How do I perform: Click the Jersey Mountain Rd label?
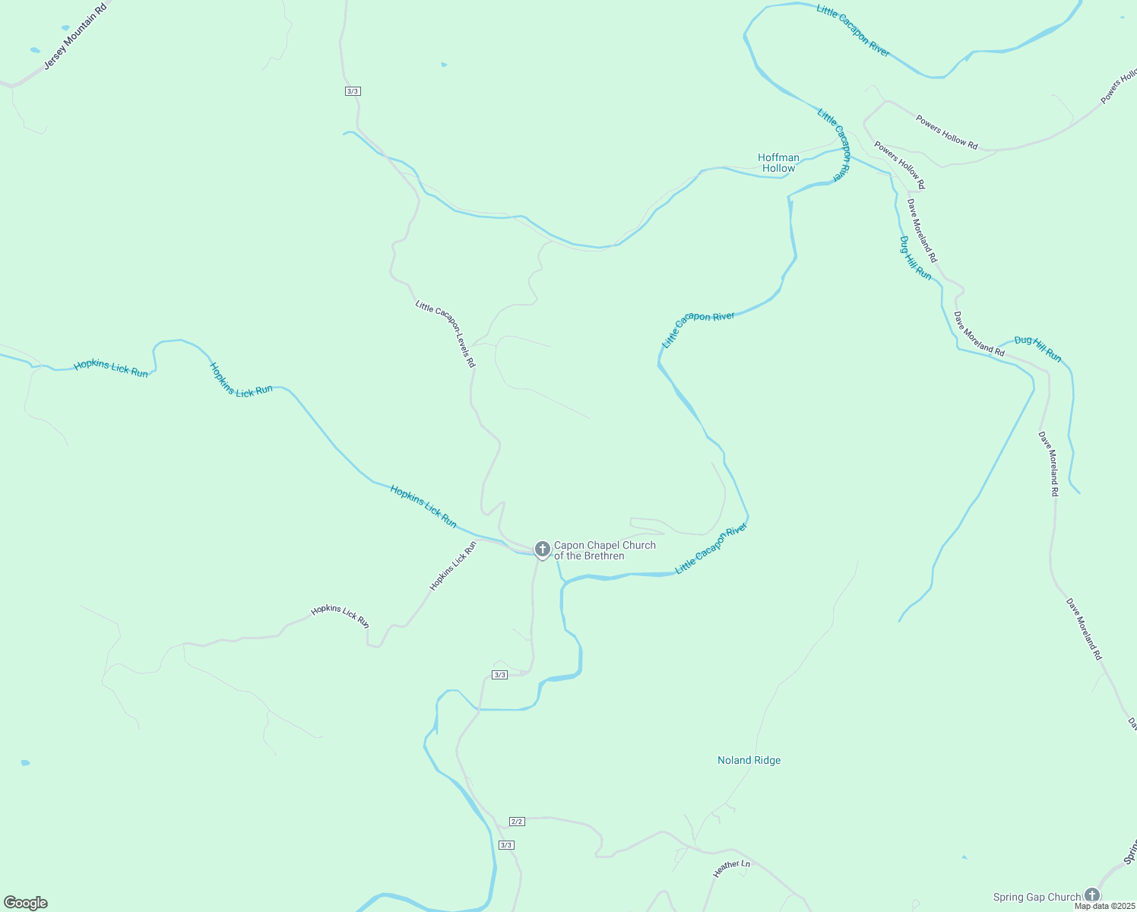(74, 36)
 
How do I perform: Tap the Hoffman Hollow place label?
(778, 163)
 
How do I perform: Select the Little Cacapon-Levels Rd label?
(445, 334)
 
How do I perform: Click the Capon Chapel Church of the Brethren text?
(604, 550)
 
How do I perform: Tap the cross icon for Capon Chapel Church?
(542, 549)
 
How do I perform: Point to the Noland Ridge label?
(749, 760)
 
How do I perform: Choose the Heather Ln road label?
(731, 868)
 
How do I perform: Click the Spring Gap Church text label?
(1036, 897)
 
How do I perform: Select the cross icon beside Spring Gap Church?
(1092, 895)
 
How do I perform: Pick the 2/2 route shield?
(517, 822)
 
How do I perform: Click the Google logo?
(26, 903)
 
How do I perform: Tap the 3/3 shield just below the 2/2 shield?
(506, 845)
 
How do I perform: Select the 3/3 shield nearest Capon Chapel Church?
(499, 675)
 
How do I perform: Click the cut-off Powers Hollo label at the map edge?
(1119, 86)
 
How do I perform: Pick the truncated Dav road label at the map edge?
(1132, 724)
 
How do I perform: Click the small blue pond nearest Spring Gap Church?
(964, 857)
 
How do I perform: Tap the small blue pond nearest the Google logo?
(25, 762)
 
